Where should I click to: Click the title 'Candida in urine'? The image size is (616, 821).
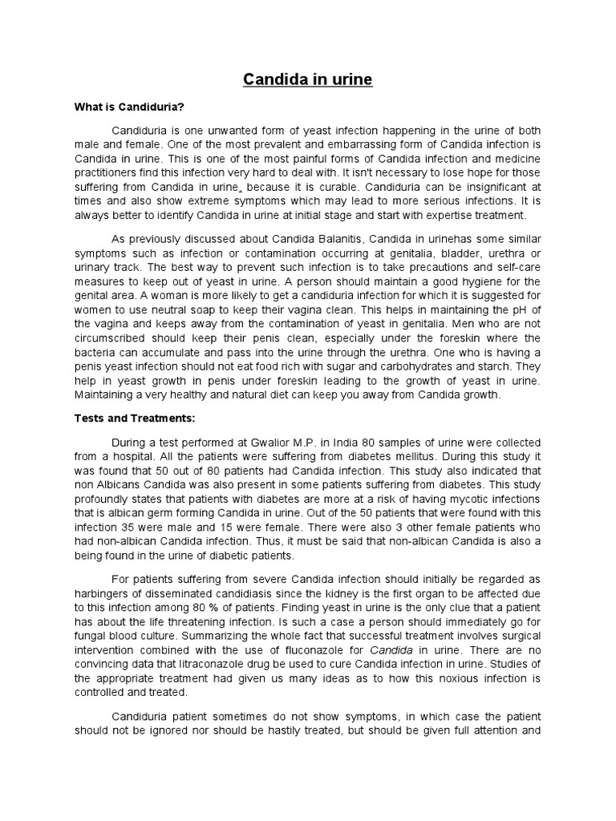309,80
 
